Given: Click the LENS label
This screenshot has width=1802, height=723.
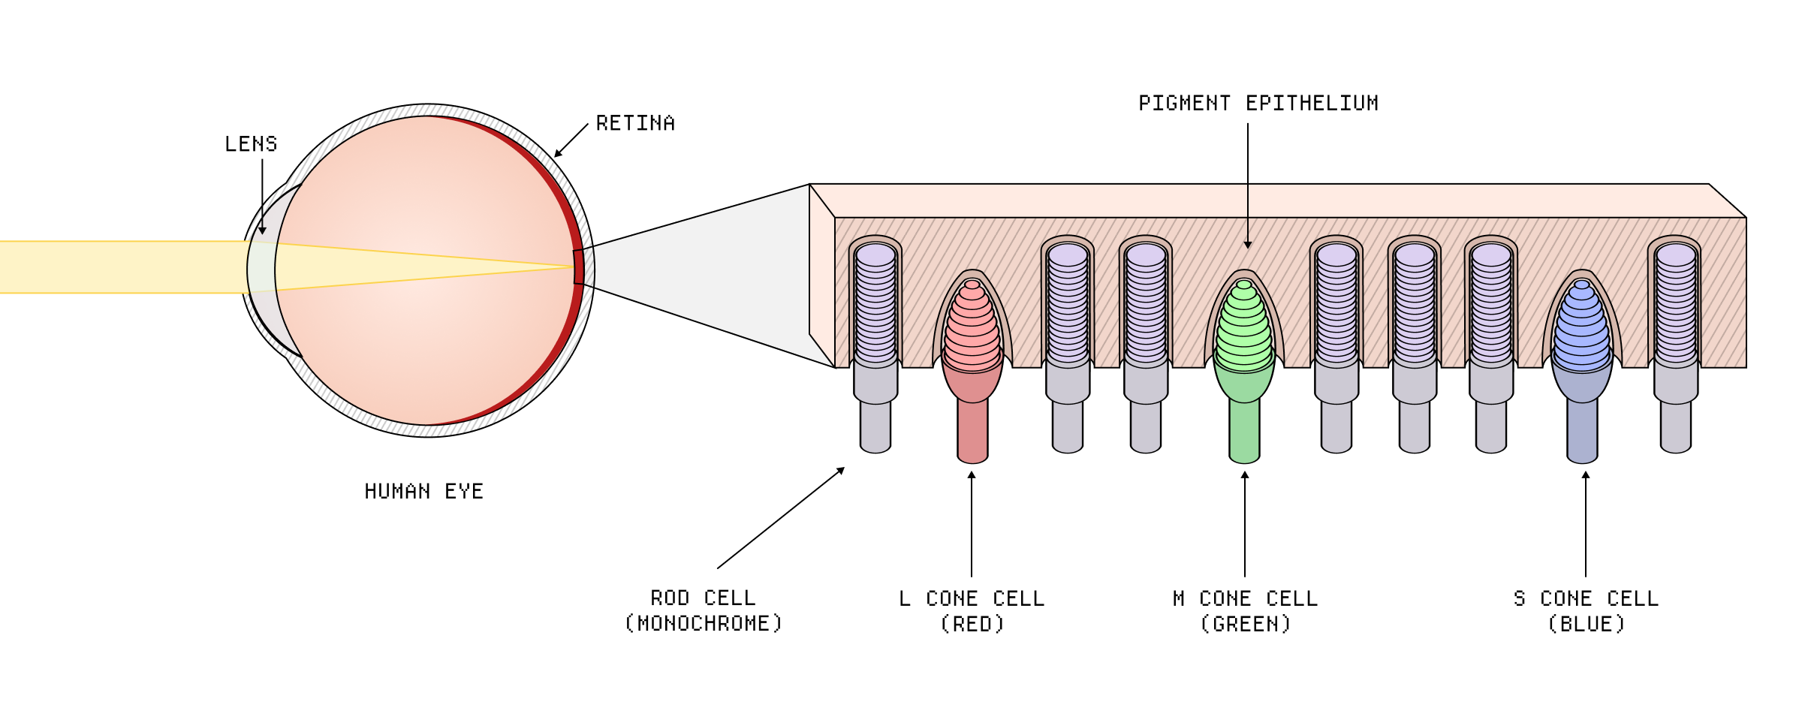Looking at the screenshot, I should pyautogui.click(x=251, y=143).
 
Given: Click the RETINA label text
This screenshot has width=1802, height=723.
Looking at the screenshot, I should pyautogui.click(x=635, y=123).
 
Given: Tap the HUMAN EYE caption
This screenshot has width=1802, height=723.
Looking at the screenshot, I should pyautogui.click(x=423, y=492).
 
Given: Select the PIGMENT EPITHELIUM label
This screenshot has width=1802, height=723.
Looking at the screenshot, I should pyautogui.click(x=1258, y=103).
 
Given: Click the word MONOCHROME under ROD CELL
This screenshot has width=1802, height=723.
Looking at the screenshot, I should pyautogui.click(x=704, y=624).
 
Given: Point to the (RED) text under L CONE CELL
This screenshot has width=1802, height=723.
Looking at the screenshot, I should pyautogui.click(x=972, y=625).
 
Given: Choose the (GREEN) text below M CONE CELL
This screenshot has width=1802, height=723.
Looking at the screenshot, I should pyautogui.click(x=1245, y=625).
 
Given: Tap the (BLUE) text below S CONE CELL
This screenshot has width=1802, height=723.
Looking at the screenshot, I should pyautogui.click(x=1586, y=625).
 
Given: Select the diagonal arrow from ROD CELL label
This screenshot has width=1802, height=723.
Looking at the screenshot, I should pyautogui.click(x=781, y=518).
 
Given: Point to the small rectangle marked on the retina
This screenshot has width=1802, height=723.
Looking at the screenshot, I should pyautogui.click(x=578, y=267).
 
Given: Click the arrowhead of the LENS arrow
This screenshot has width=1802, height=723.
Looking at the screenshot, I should pyautogui.click(x=262, y=230).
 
